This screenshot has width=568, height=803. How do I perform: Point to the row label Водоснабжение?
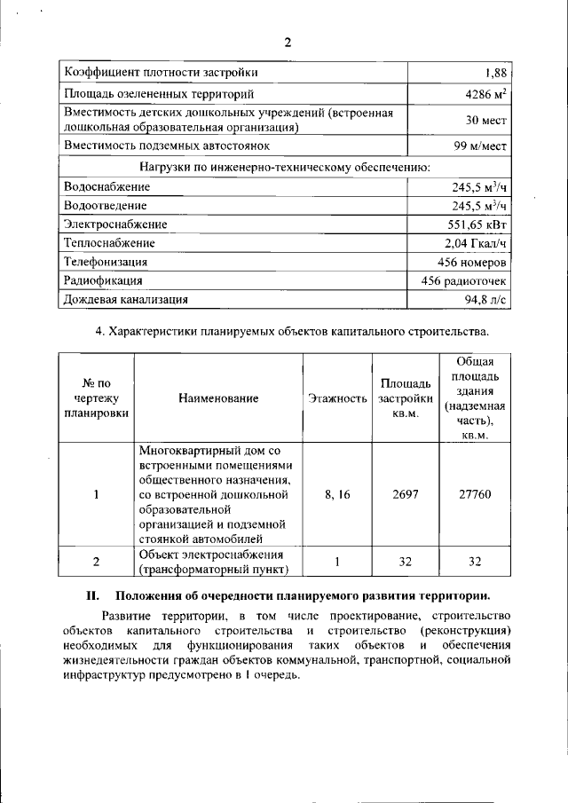point(107,187)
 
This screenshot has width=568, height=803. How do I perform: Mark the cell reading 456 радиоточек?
point(465,281)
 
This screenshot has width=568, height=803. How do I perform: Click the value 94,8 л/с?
point(485,300)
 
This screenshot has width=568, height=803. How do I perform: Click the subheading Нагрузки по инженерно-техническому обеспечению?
point(285,167)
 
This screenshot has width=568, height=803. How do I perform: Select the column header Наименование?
point(218,398)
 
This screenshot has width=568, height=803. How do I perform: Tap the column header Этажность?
point(337,398)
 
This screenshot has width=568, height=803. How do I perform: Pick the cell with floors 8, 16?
point(337,494)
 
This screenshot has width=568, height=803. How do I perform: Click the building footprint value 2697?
point(406,494)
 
